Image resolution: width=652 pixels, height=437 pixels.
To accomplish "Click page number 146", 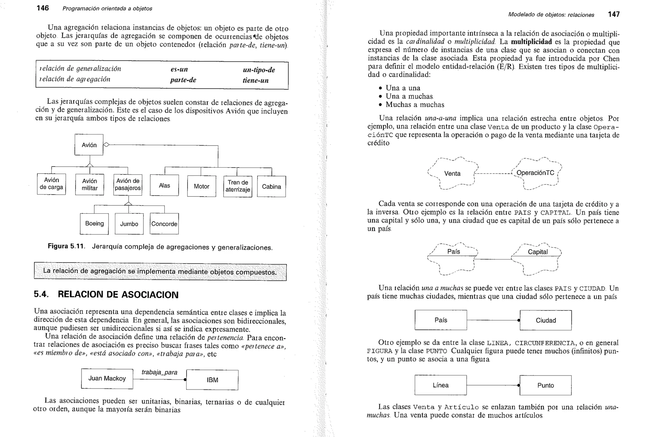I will point(43,8).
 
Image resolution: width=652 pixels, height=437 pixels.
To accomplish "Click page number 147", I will point(613,14).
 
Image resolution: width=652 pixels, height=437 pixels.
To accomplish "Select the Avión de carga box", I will point(51,184).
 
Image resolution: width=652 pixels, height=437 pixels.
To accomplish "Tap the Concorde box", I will point(164,224).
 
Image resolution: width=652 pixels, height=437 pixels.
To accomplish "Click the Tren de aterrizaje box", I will point(237,186).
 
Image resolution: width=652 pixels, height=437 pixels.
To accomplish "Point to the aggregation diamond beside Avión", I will point(106,145).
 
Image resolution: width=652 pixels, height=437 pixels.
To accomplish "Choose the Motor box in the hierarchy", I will point(202,186).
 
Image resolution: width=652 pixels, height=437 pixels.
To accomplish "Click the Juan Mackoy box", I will point(107,378).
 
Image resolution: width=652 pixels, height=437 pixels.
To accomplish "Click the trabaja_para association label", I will point(159,372).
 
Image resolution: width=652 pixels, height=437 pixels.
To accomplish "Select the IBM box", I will point(212,380).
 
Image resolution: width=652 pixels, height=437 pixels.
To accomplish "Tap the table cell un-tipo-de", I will point(259,70).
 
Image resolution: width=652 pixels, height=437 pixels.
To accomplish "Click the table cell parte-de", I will point(183,80).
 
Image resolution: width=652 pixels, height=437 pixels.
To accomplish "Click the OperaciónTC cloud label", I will point(535,173).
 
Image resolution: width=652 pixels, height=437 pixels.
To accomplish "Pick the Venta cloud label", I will point(452,174).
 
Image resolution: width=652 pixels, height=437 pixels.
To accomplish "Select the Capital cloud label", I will point(537,252).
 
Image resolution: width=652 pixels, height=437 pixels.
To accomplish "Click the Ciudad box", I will point(545,320).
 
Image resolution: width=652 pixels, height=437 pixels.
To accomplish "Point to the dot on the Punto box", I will point(519,385).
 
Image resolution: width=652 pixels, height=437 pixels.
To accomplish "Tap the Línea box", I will point(440,385).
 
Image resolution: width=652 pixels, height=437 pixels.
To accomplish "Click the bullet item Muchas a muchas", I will point(415,104).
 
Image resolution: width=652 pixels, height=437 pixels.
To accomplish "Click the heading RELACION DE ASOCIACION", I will point(118,295).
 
